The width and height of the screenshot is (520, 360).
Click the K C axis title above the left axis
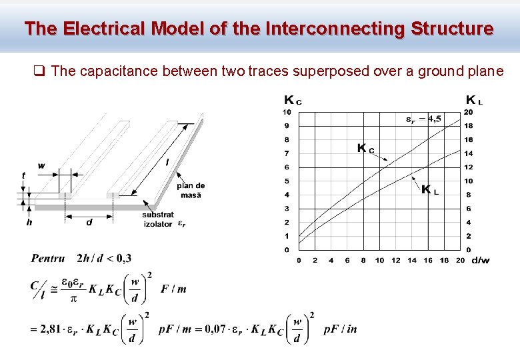tap(293, 101)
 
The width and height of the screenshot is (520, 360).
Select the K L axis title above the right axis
tap(474, 100)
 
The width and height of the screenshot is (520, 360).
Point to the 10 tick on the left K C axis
tap(287, 112)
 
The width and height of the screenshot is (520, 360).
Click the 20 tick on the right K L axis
tap(469, 112)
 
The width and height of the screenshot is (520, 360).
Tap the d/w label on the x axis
tap(480, 260)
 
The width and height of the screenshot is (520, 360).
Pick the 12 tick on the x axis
tap(396, 260)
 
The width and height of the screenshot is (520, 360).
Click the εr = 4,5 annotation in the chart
tap(423, 119)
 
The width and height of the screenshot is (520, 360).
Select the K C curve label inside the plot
tap(365, 148)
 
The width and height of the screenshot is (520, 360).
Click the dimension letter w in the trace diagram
tap(41, 165)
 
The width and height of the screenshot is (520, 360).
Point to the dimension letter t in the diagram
tap(23, 175)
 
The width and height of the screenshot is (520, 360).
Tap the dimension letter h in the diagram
tap(29, 222)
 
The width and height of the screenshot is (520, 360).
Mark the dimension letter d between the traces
tap(89, 222)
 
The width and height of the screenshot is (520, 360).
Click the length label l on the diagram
tap(166, 161)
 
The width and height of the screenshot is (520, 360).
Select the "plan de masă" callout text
tap(191, 190)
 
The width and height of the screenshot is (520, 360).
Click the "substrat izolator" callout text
tap(158, 219)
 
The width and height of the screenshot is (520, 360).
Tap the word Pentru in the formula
tap(48, 258)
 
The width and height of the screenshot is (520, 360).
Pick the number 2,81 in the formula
tap(52, 329)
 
